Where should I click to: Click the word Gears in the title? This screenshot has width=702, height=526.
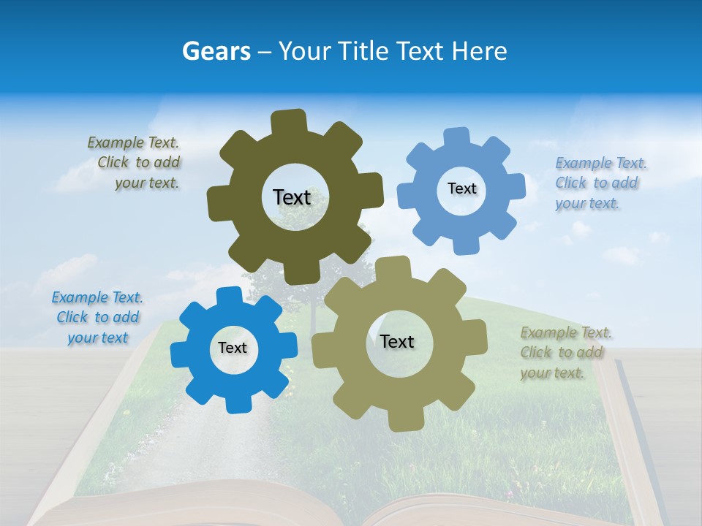pos(216,51)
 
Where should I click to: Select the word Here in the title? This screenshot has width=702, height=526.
pos(480,51)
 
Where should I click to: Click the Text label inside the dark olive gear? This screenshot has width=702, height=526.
pos(292,197)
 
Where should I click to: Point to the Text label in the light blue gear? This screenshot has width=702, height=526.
pos(461,188)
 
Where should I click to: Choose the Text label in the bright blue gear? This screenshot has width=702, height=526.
pos(233,348)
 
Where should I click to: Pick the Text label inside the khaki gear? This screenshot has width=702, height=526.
pos(397,341)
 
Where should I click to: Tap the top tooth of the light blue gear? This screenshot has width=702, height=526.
pos(456,137)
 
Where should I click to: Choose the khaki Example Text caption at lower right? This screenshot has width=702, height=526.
pos(565,352)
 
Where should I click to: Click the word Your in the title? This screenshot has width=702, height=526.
pos(306,51)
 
